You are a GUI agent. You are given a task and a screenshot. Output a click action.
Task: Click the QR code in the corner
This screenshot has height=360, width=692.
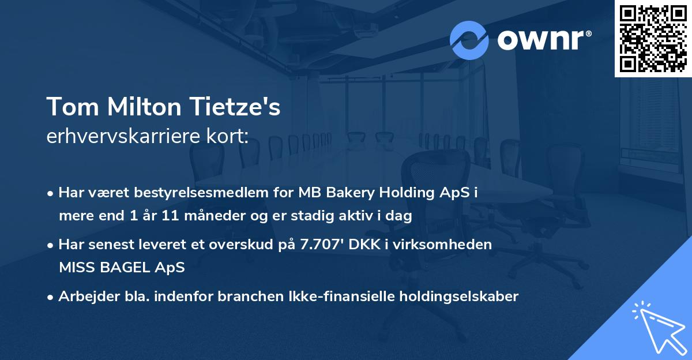pos(653,38)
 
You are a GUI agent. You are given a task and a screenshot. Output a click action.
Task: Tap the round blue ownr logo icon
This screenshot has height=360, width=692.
pos(469,40)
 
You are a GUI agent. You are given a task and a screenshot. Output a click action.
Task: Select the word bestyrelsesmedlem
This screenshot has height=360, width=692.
pos(197,193)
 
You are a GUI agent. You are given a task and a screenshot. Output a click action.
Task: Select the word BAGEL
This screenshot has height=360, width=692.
pos(122,268)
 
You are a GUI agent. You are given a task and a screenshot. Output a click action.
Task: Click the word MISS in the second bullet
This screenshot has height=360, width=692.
pos(74,268)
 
